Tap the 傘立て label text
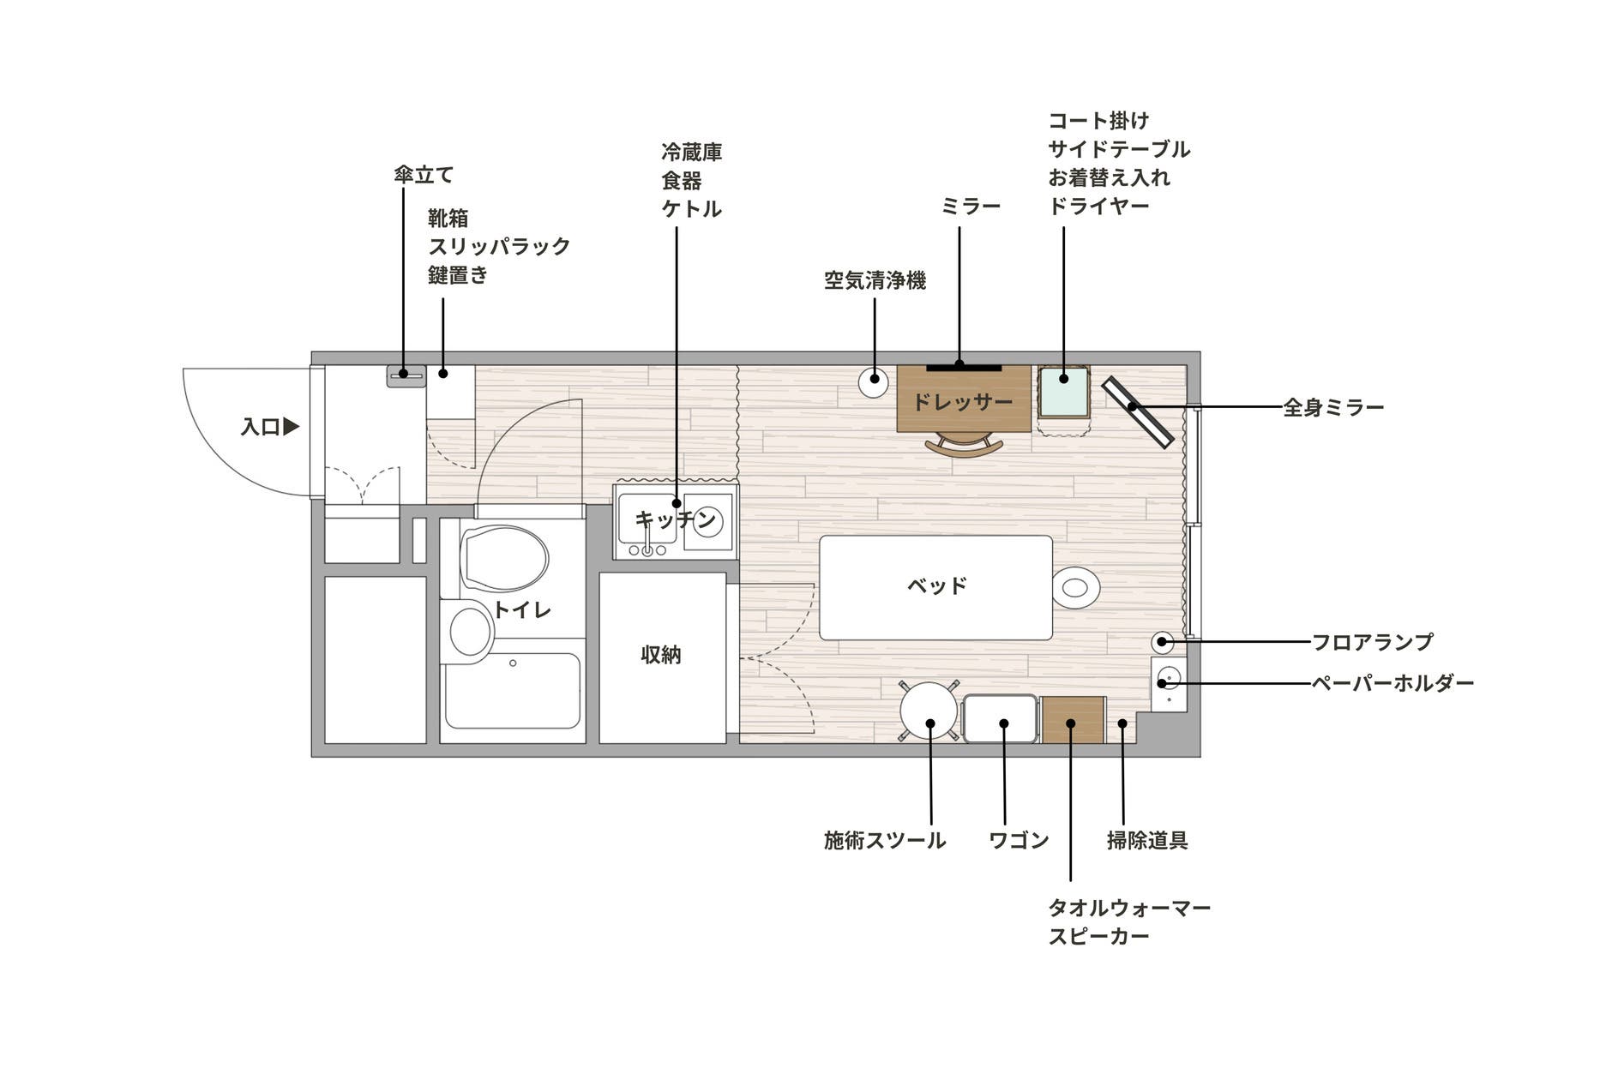423,175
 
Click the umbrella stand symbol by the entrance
405,375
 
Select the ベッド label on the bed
936,585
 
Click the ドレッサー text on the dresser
962,402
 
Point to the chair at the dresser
964,445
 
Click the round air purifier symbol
874,381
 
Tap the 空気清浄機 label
875,280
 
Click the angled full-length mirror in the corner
1137,412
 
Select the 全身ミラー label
1333,407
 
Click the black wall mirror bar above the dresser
963,367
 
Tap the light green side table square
1063,391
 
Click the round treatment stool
929,711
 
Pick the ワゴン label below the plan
1018,840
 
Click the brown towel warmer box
1073,720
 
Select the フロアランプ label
1372,641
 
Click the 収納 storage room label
661,655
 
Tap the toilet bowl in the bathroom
504,558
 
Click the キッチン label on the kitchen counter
675,519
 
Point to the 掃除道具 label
1146,840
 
